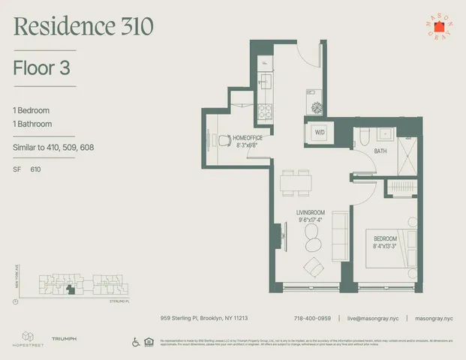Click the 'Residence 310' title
[x=83, y=27]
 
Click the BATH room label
[x=381, y=151]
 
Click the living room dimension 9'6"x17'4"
[x=311, y=220]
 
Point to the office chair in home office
[x=222, y=139]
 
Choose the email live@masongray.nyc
[x=372, y=317]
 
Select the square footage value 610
[x=36, y=169]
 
